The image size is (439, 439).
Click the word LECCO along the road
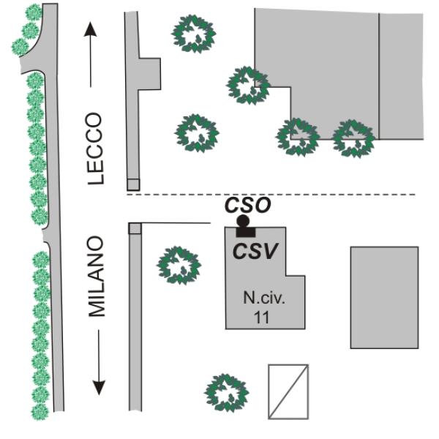pos(97,149)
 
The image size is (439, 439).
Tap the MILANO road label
pos(97,277)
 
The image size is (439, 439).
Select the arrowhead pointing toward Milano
pos(98,388)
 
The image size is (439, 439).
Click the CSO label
pos(247,206)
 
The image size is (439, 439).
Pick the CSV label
pos(255,251)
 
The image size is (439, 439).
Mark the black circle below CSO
pos(243,221)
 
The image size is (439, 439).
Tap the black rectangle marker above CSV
pos(245,232)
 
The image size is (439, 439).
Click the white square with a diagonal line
pos(288,391)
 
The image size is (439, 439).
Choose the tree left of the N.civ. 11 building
pos(178,264)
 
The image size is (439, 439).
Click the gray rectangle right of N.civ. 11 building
pos(384,297)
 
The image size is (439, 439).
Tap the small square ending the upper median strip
pos(132,184)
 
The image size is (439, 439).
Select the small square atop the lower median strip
pos(135,228)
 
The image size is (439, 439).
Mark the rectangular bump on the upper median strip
pos(151,72)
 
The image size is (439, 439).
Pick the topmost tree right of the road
pos(193,33)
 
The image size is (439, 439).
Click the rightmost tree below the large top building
pos(354,138)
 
